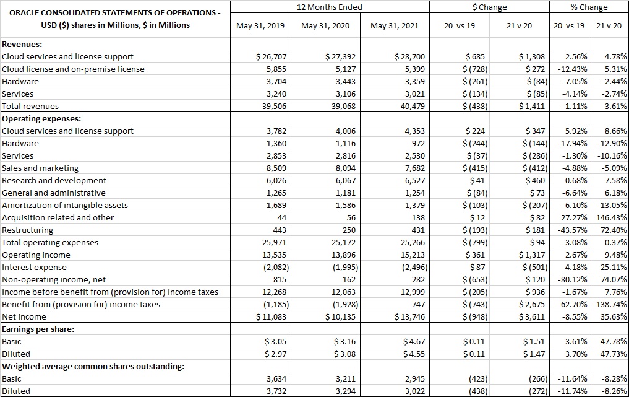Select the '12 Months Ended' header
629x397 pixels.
coord(330,7)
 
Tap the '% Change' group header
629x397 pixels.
coord(589,7)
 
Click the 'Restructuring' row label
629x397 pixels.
coord(28,230)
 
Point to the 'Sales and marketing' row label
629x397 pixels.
coord(40,168)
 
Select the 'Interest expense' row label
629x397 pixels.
coord(34,267)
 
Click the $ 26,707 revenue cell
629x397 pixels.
coord(272,56)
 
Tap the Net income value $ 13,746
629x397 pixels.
coord(409,316)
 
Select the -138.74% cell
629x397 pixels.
coord(609,304)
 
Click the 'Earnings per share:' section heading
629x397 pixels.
coord(38,329)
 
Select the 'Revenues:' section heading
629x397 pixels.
coord(22,44)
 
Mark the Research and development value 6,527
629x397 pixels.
coord(413,180)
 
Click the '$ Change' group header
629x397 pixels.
coord(489,7)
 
